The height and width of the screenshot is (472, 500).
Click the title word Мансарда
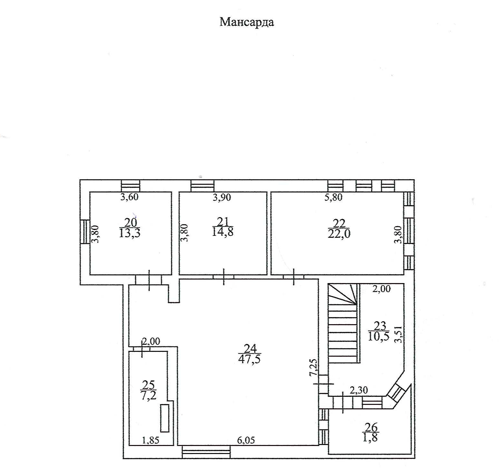click(247, 22)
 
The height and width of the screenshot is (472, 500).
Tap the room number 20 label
click(130, 222)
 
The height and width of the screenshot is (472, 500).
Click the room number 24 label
click(250, 348)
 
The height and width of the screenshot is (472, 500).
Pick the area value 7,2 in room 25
click(148, 395)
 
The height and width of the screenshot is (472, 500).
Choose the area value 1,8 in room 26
click(370, 437)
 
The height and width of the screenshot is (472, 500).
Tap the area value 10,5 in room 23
click(379, 336)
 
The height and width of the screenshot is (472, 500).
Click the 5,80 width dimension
click(333, 197)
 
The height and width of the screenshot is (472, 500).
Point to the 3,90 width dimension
click(222, 197)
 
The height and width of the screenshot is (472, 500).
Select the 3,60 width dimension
click(129, 197)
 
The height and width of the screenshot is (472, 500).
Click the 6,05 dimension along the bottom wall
click(246, 440)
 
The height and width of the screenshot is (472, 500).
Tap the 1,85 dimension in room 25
click(151, 440)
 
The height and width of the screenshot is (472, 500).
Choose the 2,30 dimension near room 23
click(358, 390)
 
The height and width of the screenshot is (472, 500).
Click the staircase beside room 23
click(343, 325)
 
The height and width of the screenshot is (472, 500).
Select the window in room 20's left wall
click(85, 232)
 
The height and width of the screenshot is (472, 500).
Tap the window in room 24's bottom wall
click(206, 451)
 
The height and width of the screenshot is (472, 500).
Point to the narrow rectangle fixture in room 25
click(165, 418)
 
